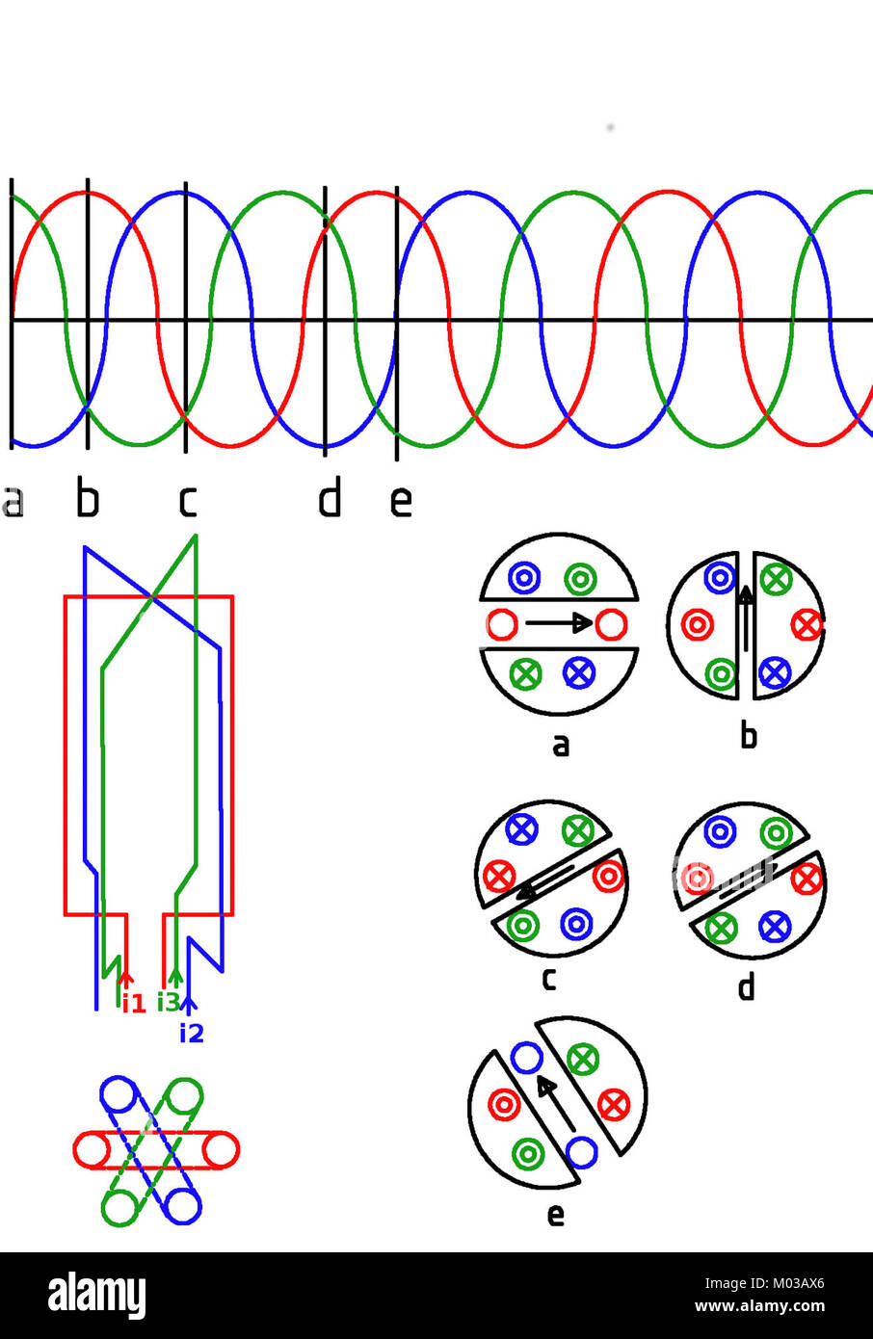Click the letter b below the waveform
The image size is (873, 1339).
88,499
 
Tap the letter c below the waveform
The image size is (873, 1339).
188,501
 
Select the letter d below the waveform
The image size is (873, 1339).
330,499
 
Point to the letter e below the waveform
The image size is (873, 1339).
401,501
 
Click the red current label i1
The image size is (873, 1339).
133,1004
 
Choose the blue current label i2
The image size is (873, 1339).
192,1034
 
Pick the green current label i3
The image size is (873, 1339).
168,1003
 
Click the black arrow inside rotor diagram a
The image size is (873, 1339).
558,623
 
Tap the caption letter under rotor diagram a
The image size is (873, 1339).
561,745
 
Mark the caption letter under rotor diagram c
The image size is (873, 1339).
548,979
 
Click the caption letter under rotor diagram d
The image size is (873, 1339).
746,987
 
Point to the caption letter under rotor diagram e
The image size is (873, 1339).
556,1215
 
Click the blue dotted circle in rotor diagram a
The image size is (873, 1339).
523,578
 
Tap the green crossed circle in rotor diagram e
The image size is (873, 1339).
582,1060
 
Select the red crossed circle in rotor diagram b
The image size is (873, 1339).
807,625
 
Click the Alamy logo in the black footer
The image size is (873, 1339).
97,1296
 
